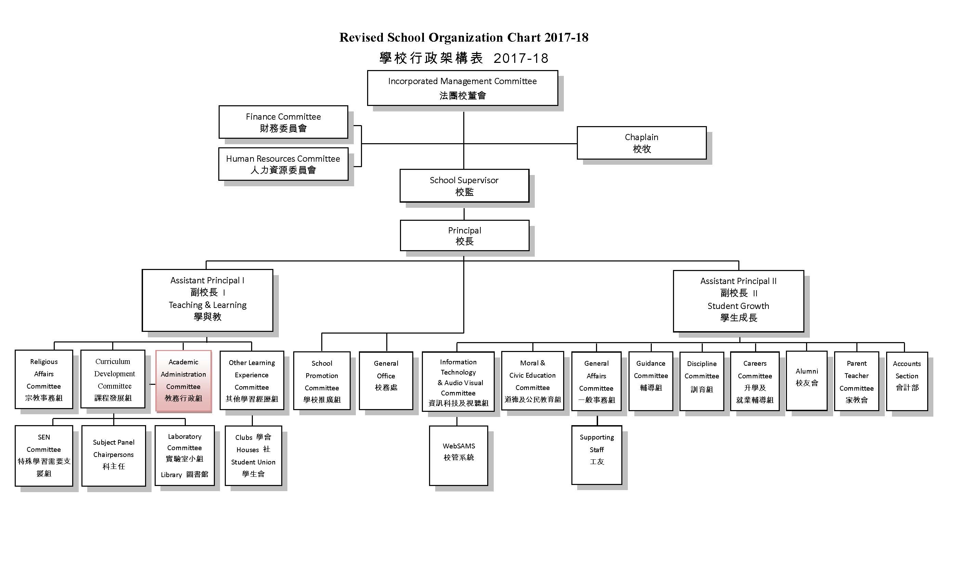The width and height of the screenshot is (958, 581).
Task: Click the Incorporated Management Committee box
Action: [462, 88]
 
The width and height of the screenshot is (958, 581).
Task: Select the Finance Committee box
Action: [283, 122]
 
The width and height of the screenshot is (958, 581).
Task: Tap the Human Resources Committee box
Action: [283, 164]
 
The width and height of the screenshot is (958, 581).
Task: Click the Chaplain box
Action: [642, 143]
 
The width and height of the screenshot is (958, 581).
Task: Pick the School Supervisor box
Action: [464, 186]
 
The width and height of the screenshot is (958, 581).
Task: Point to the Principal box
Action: [465, 235]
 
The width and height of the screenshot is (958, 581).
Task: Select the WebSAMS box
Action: [458, 456]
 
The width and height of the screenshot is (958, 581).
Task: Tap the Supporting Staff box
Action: [597, 455]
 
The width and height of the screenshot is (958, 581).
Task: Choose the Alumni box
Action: [807, 381]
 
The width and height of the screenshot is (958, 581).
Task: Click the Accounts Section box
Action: [907, 381]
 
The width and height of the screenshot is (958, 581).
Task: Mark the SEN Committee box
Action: [44, 456]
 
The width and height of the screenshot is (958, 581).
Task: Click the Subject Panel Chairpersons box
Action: [114, 456]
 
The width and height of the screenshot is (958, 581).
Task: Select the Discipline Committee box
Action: [702, 381]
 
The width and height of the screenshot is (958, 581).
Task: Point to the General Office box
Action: [386, 381]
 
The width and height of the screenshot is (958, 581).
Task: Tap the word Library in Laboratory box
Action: [171, 475]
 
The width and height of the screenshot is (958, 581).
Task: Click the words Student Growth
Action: [738, 306]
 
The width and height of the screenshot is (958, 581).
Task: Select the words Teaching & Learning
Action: [208, 305]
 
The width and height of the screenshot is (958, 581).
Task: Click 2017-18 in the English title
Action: [567, 37]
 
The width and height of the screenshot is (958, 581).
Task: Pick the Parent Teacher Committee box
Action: [856, 381]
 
